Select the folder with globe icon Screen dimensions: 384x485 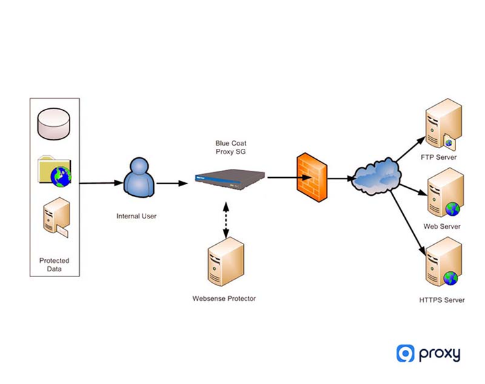coord(55,171)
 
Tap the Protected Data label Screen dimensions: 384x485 coord(54,265)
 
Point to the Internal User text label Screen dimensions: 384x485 coord(136,216)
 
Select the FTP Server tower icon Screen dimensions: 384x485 coord(442,124)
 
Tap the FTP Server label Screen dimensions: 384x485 coord(441,157)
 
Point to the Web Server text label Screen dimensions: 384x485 coord(442,227)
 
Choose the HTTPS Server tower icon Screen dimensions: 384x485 coord(443,263)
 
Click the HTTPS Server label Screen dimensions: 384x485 coord(441,300)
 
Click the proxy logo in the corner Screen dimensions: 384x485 coord(428,354)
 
